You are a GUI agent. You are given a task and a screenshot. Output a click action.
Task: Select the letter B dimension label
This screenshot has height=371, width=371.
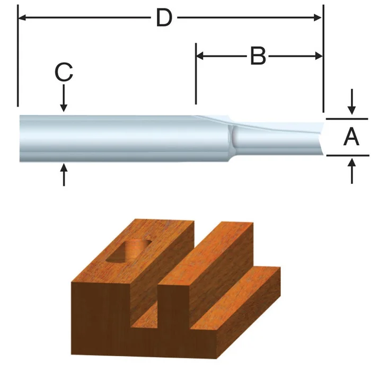pos(258,56)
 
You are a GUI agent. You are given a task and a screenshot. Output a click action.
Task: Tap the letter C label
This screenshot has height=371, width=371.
pos(64,73)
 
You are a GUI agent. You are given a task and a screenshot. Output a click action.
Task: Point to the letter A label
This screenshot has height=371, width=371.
pos(351,137)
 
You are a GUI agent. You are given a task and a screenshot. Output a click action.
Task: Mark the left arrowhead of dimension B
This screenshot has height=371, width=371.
pos(201,56)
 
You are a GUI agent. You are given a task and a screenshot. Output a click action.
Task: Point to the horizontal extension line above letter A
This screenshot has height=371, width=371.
pos(347,119)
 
